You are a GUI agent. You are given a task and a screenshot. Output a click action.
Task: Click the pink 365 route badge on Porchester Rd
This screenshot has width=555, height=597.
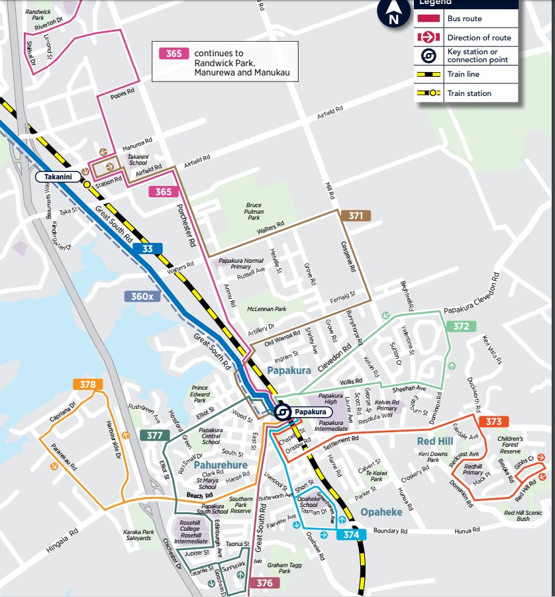click(x=164, y=192)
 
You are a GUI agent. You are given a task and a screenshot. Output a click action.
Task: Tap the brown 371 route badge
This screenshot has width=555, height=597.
click(x=356, y=216)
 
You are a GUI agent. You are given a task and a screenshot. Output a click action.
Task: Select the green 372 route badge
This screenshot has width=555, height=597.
click(x=461, y=326)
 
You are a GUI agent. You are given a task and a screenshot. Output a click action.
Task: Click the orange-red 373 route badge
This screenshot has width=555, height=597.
click(x=493, y=422)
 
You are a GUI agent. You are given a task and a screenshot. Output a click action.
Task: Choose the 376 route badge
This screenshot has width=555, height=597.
click(x=264, y=582)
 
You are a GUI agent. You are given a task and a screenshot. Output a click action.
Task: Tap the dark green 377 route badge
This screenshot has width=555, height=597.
click(x=154, y=435)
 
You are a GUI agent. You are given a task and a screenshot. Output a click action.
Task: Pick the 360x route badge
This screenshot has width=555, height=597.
click(x=142, y=297)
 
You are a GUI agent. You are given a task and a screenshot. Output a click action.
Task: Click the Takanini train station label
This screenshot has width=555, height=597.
click(x=58, y=177)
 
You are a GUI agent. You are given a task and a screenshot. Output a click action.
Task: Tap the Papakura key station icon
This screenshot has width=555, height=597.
click(x=281, y=412)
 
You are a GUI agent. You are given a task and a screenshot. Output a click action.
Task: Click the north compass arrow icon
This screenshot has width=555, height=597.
click(x=393, y=12)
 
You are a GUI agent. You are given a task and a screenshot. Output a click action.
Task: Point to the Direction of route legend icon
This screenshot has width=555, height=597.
click(x=429, y=38)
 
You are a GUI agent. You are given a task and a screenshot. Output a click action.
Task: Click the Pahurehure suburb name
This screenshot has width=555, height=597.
click(x=221, y=465)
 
